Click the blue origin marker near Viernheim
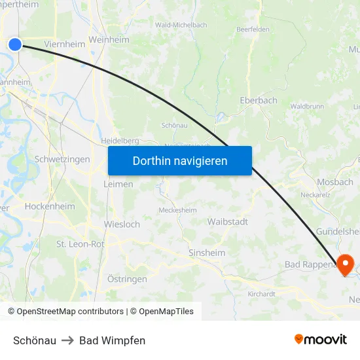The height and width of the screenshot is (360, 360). point(14,44)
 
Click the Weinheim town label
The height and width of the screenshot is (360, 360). point(109,40)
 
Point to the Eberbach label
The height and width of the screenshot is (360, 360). point(259,101)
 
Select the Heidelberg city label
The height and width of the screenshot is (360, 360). point(120,141)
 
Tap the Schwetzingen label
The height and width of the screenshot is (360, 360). point(62,160)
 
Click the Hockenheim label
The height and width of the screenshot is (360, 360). point(50,206)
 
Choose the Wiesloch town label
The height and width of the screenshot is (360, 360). point(122,225)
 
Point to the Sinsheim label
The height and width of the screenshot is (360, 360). point(207,253)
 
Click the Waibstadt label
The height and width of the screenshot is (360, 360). point(227,222)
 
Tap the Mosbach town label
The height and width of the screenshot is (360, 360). point(334,183)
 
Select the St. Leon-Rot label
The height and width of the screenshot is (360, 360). point(81,244)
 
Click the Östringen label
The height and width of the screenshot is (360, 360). point(127,279)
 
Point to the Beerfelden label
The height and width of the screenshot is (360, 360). point(253,29)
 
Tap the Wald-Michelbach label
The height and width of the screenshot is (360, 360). point(181,25)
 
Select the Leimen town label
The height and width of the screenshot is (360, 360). point(118,185)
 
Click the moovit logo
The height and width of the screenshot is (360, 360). point(321,339)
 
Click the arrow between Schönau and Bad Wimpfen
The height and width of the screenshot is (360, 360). point(67,340)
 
